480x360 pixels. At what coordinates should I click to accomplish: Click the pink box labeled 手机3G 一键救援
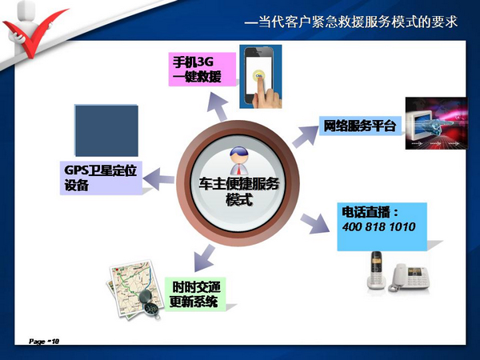tap(202, 69)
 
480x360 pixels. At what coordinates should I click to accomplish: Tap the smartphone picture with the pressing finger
tap(261, 77)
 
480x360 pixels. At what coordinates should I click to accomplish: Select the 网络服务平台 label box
tap(360, 126)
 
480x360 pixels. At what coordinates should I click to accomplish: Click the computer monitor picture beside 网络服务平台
tap(437, 123)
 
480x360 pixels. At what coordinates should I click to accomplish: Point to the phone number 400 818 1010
tap(378, 227)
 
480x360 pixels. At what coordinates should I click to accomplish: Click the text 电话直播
tap(366, 212)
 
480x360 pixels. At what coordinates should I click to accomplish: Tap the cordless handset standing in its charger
tap(377, 270)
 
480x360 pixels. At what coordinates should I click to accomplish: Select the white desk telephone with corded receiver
tap(409, 277)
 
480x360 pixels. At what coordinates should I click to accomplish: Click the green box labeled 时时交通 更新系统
tap(195, 294)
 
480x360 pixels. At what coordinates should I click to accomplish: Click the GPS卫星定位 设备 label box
tap(101, 178)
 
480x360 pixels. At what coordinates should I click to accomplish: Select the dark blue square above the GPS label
tap(106, 130)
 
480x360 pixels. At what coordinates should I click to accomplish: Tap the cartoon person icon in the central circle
tap(239, 161)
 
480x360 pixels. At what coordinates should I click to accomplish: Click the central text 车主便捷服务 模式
tap(238, 192)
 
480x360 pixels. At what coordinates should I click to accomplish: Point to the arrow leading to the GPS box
tap(158, 179)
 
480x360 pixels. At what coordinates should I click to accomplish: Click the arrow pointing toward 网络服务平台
tap(306, 136)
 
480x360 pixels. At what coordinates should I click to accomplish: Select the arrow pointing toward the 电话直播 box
tap(314, 223)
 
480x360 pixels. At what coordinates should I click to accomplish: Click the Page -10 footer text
tap(44, 341)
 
